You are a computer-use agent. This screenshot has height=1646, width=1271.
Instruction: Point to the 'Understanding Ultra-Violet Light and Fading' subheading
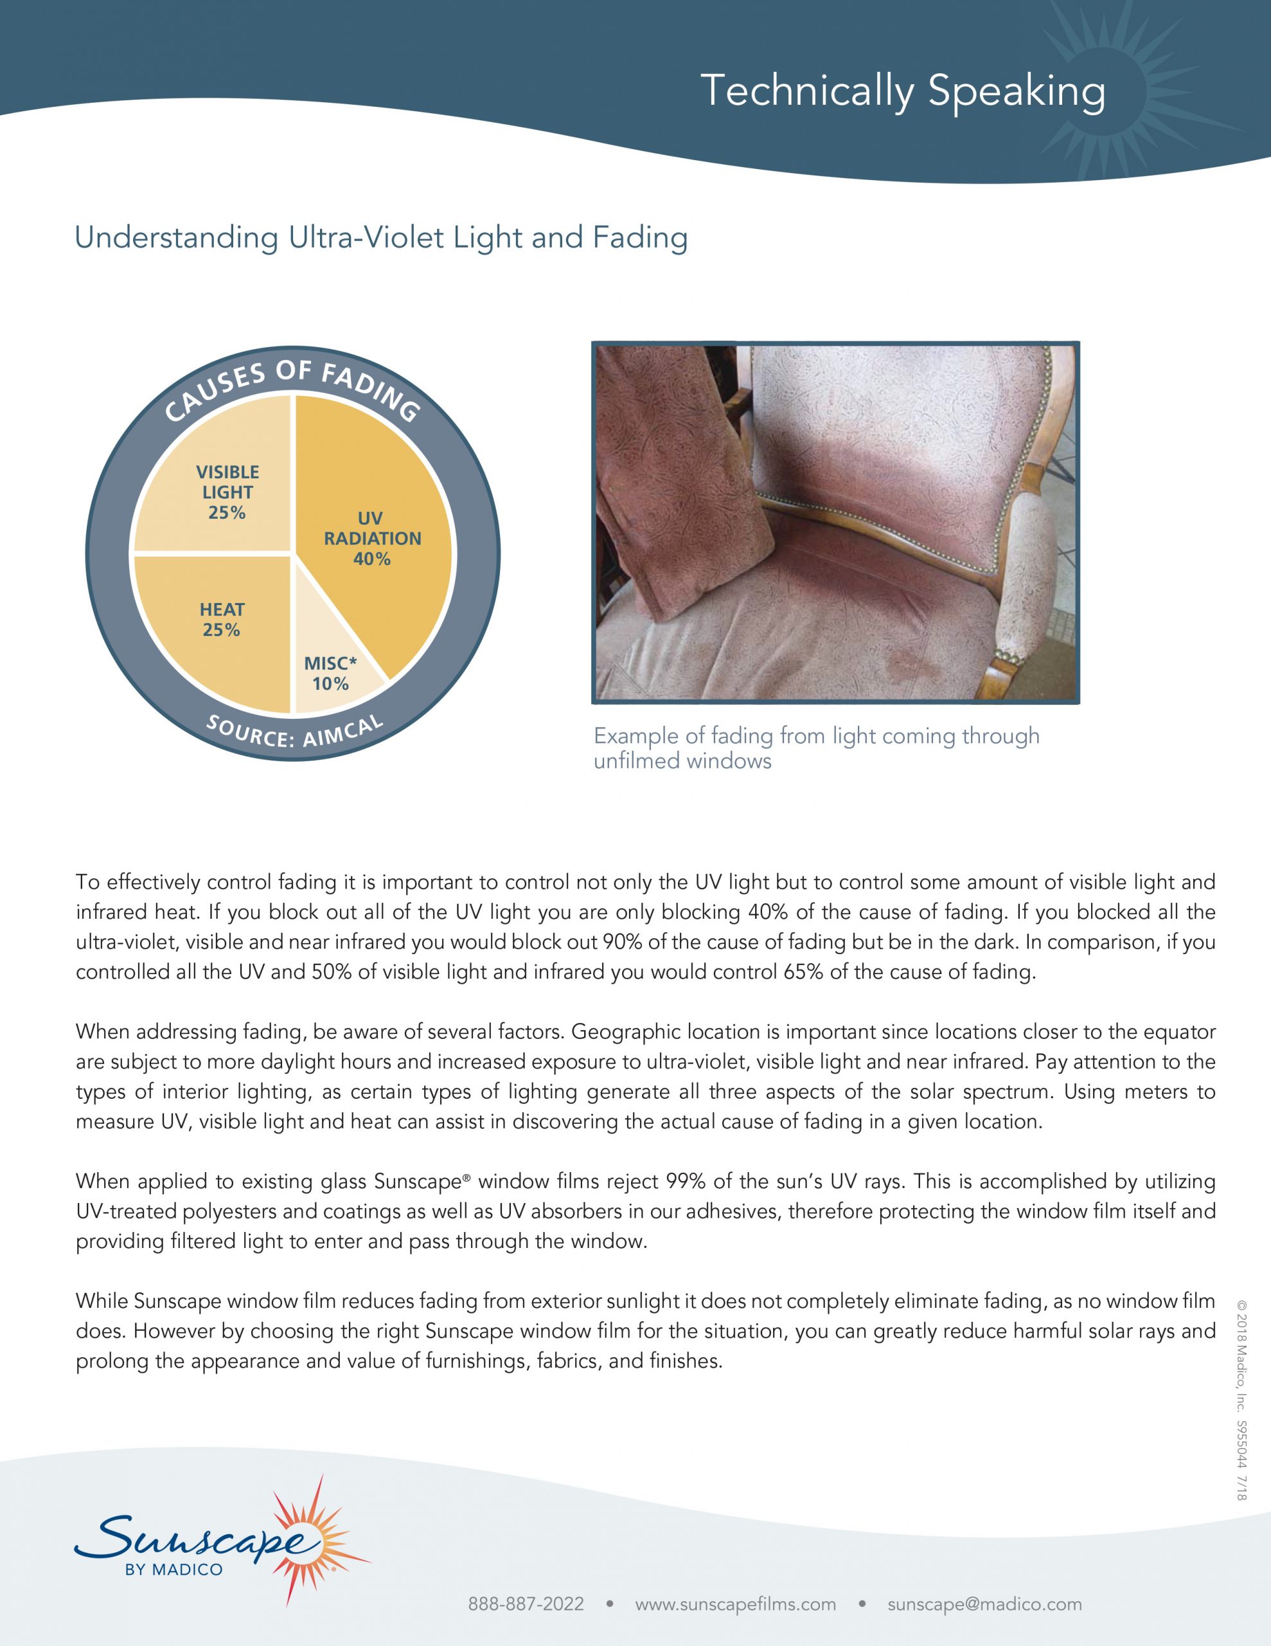[380, 237]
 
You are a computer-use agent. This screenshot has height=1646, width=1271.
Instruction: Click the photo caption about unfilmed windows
[816, 748]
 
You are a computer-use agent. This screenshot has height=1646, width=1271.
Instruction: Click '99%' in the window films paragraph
[686, 1181]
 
